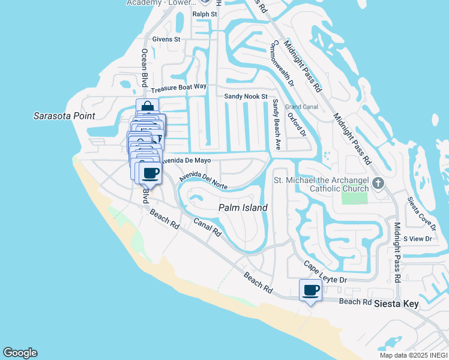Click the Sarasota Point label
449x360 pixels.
coord(64,115)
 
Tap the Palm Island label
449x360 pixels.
coord(243,208)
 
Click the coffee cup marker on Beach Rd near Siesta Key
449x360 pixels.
coord(310,291)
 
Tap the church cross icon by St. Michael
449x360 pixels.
coord(378,183)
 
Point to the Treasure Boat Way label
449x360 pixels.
coord(179,87)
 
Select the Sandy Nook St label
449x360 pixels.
coord(245,96)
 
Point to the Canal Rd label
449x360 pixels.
coord(208,226)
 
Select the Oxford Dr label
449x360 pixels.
coord(297,124)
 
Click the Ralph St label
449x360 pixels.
coord(204,13)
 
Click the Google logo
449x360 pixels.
coord(20,353)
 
